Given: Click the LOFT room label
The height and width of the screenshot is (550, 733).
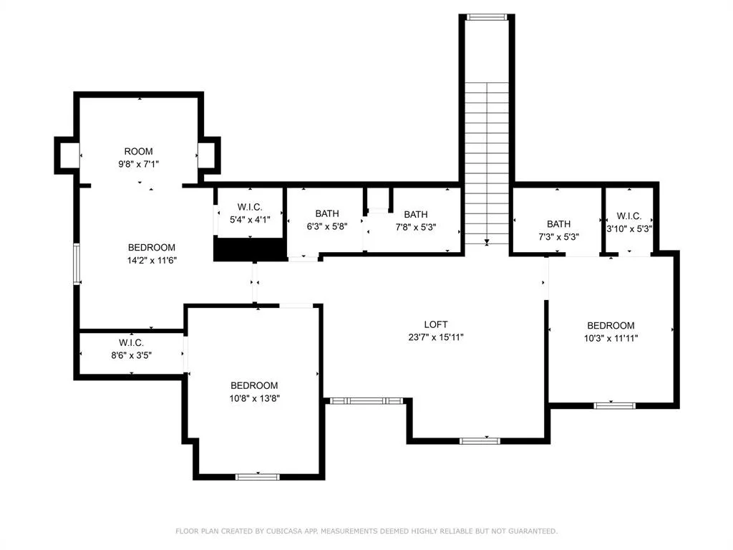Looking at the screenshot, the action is click(436, 324).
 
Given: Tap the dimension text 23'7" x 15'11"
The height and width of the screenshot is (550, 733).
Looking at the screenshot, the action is click(436, 337).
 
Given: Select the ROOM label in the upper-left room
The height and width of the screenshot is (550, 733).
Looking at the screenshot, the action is click(138, 151).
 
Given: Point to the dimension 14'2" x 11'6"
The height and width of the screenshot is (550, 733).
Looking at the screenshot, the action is click(152, 261).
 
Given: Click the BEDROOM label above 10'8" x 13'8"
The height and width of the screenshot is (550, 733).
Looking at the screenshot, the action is click(254, 385).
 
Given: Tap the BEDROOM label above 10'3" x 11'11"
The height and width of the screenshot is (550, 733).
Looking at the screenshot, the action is click(611, 326).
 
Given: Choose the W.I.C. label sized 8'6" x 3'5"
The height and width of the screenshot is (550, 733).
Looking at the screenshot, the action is click(131, 343).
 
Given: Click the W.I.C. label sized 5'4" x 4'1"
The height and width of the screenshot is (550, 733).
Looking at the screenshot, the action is click(250, 207).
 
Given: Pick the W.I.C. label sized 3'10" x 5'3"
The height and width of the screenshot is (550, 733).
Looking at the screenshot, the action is click(628, 216).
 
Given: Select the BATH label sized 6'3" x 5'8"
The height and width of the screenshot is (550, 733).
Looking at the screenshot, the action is click(326, 213).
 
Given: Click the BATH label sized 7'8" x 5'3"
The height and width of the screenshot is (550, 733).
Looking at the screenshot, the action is click(416, 214).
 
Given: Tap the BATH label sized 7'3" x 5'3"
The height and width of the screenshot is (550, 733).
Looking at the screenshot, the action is click(558, 224).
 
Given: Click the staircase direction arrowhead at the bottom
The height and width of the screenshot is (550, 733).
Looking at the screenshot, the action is click(487, 242).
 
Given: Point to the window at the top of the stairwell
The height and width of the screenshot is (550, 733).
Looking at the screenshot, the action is click(487, 17).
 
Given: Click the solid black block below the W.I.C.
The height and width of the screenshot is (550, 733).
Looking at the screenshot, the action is click(250, 249).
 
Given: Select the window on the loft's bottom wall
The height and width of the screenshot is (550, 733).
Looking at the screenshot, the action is click(480, 440).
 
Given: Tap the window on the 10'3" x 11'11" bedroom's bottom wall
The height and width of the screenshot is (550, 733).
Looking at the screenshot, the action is click(614, 405).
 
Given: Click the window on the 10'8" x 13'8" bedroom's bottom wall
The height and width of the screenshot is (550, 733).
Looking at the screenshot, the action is click(258, 476).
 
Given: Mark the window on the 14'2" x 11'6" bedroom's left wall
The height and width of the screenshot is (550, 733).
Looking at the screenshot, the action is click(77, 264).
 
